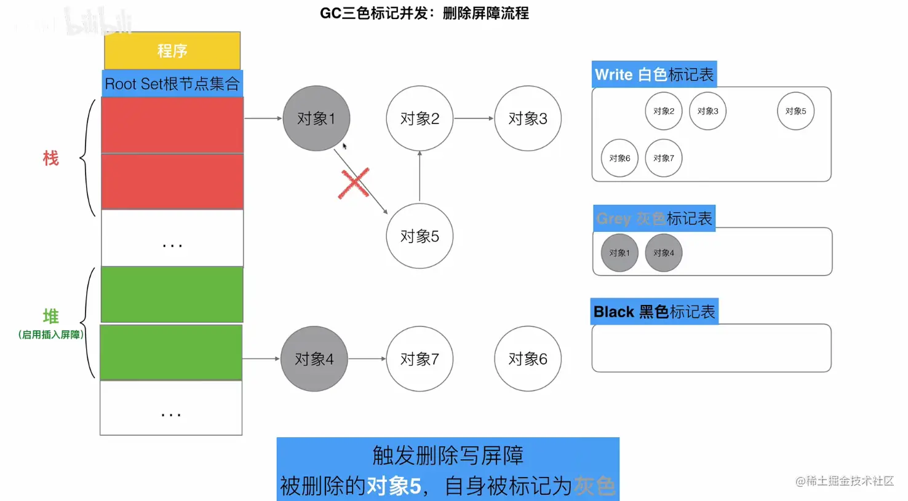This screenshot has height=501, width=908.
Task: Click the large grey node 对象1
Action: tap(316, 118)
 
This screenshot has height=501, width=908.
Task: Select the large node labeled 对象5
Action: tap(420, 236)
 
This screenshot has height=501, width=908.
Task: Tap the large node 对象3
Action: tap(528, 118)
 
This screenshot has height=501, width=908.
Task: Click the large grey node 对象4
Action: tap(314, 358)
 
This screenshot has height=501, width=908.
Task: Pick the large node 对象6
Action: tap(528, 358)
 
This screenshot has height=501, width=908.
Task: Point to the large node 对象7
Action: tap(420, 358)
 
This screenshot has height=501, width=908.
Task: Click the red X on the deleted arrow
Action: tap(354, 183)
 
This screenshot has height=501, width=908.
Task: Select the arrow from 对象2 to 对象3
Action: tap(474, 118)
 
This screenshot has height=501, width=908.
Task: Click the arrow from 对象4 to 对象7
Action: tap(367, 358)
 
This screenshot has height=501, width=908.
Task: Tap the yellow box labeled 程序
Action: tap(172, 50)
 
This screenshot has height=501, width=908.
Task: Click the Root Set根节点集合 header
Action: tap(172, 84)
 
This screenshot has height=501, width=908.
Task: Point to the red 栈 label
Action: tap(50, 159)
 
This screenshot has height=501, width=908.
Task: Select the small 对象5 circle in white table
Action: tap(795, 111)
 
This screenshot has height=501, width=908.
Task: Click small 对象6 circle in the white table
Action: tap(619, 158)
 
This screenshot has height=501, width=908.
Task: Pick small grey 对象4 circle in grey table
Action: tap(664, 253)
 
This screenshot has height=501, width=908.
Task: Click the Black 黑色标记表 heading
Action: tap(655, 312)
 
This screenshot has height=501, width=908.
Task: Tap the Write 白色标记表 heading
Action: tap(654, 74)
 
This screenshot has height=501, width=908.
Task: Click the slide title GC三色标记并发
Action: tap(424, 13)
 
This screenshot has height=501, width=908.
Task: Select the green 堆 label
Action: tap(50, 317)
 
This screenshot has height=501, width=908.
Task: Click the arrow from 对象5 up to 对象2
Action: tap(420, 177)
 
